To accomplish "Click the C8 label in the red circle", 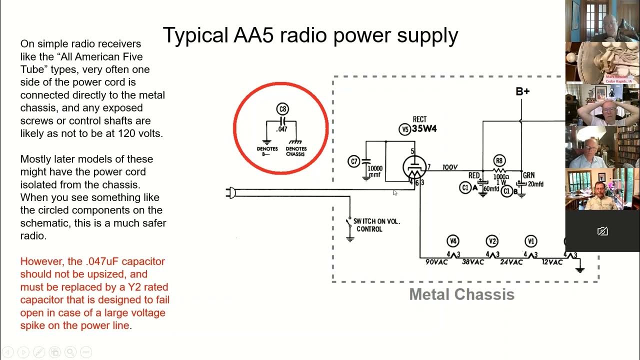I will [x=282, y=109].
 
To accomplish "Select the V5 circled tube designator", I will [x=404, y=129].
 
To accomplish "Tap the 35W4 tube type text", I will [x=425, y=129].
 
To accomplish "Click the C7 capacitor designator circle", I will [x=353, y=161].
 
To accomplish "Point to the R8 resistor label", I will [x=498, y=160].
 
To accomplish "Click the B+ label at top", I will [x=522, y=91].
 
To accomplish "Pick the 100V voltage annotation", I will [x=450, y=167].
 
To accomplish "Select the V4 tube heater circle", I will [x=453, y=241].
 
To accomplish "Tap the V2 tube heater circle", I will [x=492, y=241].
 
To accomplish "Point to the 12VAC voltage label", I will [x=552, y=262].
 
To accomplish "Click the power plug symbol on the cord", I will [x=230, y=193].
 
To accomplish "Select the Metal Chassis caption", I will [x=461, y=294].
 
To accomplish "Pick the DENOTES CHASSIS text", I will [x=296, y=151].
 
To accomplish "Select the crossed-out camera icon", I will [x=602, y=231].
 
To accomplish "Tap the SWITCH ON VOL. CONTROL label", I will [x=376, y=225].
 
